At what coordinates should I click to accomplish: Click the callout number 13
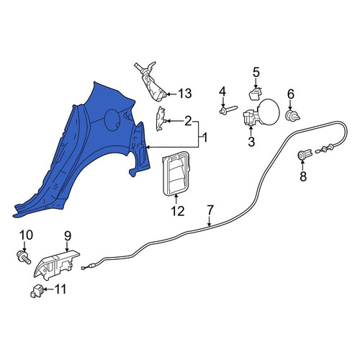[184, 94]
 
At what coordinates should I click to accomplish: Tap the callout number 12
[178, 211]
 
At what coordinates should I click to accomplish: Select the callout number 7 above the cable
[210, 210]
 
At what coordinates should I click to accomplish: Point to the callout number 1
[204, 138]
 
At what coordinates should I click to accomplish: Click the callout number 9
[68, 235]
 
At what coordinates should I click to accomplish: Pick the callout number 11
[60, 289]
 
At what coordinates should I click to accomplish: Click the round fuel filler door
[269, 113]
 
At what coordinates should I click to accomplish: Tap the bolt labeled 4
[228, 110]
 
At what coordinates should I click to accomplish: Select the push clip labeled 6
[292, 116]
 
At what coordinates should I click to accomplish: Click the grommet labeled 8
[305, 154]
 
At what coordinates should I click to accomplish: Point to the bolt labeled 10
[24, 258]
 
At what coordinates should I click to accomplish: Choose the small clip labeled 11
[36, 291]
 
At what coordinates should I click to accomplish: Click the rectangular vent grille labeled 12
[176, 173]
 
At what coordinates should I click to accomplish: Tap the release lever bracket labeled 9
[57, 264]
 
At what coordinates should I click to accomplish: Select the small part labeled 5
[254, 94]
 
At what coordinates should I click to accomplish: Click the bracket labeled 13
[150, 81]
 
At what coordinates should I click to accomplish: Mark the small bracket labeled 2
[161, 119]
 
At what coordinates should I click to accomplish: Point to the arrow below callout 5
[256, 84]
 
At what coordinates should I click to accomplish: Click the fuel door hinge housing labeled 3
[251, 117]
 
